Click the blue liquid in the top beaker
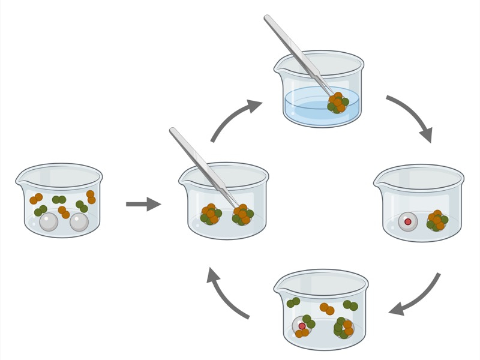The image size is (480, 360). [306, 105]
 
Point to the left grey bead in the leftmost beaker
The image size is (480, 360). [49, 222]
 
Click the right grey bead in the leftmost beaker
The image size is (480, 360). [79, 222]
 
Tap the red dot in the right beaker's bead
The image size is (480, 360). [408, 221]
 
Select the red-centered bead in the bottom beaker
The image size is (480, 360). [302, 326]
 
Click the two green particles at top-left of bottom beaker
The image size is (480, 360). [293, 302]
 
